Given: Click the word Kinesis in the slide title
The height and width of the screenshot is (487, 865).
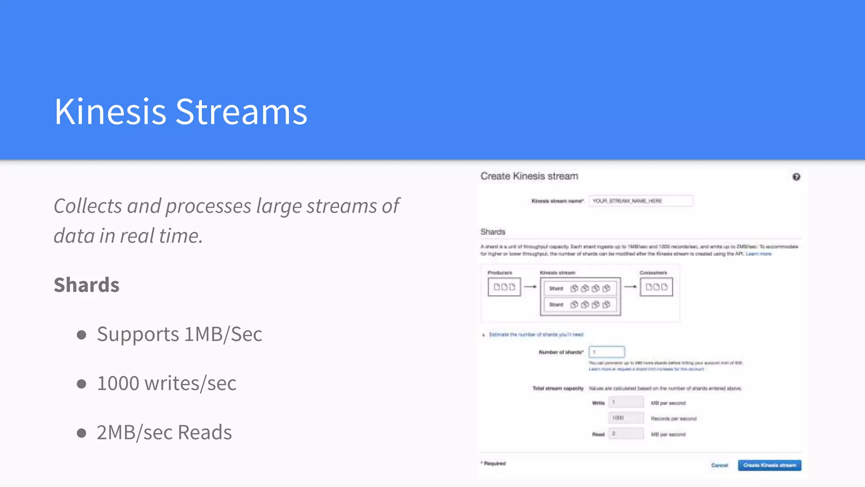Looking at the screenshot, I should tap(110, 112).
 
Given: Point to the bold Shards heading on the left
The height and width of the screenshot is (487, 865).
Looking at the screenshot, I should tap(87, 285).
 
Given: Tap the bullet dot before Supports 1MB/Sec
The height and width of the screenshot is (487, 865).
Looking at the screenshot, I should tap(82, 335).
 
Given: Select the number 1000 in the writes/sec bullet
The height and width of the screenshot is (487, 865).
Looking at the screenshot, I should tap(118, 383).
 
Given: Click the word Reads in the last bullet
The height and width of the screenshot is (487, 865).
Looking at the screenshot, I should tap(205, 432).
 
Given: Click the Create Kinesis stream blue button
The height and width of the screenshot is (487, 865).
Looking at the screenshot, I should tap(769, 465).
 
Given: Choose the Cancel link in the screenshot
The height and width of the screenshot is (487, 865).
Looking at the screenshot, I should tap(719, 465).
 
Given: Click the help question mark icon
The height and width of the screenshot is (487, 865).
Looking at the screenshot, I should tap(796, 177).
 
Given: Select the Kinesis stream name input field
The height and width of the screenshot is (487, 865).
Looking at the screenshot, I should tap(641, 201).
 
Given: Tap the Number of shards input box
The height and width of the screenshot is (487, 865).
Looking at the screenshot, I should tap(607, 352).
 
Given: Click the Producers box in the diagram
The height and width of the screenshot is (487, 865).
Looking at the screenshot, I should tap(504, 287).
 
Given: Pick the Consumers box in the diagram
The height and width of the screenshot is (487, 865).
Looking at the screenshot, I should tap(656, 287).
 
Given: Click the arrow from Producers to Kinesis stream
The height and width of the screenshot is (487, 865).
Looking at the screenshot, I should tap(530, 287).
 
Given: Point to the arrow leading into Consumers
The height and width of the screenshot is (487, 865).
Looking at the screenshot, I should tap(630, 287).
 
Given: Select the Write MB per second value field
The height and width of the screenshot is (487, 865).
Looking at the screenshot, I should tap(626, 402).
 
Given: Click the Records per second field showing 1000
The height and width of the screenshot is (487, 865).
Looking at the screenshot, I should tap(626, 418).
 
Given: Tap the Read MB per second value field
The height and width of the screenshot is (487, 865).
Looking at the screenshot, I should tap(626, 433).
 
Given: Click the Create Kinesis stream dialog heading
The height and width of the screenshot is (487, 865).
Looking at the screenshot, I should tap(529, 176).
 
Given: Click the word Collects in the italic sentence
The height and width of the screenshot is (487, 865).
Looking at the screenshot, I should tap(88, 206).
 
